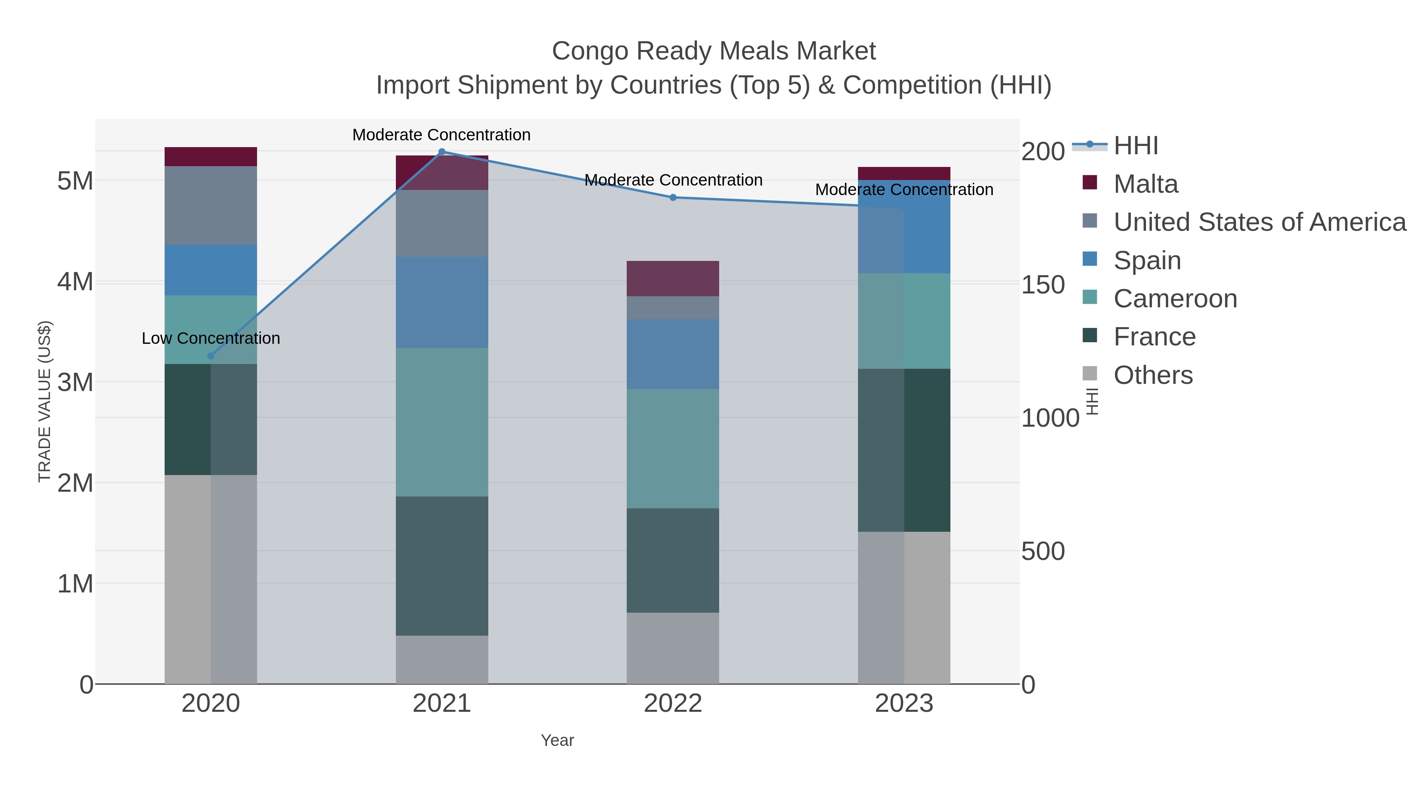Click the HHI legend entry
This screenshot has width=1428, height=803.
click(1135, 146)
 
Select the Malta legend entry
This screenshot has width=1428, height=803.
click(1145, 184)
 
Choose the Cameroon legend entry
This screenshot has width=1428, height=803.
click(1175, 299)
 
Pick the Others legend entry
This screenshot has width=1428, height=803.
click(1152, 375)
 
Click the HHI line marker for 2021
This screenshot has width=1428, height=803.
click(442, 151)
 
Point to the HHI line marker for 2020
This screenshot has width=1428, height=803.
click(210, 356)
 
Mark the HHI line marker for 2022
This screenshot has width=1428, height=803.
click(673, 197)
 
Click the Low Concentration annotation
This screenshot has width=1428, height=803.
click(211, 338)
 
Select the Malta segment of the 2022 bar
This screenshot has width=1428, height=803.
click(673, 278)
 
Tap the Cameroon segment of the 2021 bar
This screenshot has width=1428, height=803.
click(442, 422)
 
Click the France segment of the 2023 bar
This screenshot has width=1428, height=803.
click(904, 450)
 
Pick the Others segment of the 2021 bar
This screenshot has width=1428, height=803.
click(442, 659)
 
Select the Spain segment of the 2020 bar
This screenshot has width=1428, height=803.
click(211, 270)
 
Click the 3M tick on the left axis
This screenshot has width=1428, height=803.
click(75, 382)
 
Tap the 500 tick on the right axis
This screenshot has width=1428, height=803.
click(1043, 552)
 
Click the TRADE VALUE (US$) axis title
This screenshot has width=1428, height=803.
click(44, 401)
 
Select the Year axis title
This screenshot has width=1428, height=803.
click(557, 740)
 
